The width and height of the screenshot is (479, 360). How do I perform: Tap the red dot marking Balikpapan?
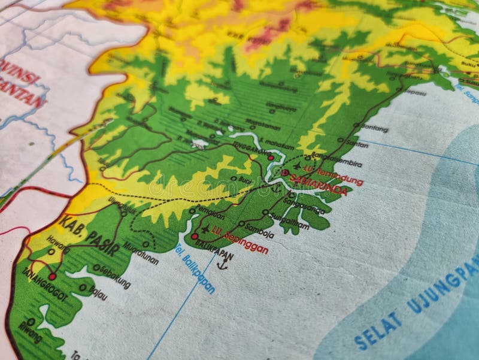(x=195, y=237)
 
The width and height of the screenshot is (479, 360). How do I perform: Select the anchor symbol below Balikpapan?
(x=222, y=262)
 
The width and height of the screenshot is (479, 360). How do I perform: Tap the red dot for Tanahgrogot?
(x=52, y=276)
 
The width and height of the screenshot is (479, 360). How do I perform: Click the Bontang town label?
(x=375, y=128)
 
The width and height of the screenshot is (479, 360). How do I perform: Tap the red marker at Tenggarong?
(x=271, y=158)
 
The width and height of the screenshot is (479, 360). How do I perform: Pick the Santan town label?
(x=356, y=144)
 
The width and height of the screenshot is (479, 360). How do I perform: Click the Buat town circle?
(x=233, y=178)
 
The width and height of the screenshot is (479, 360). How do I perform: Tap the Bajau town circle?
(x=83, y=288)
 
